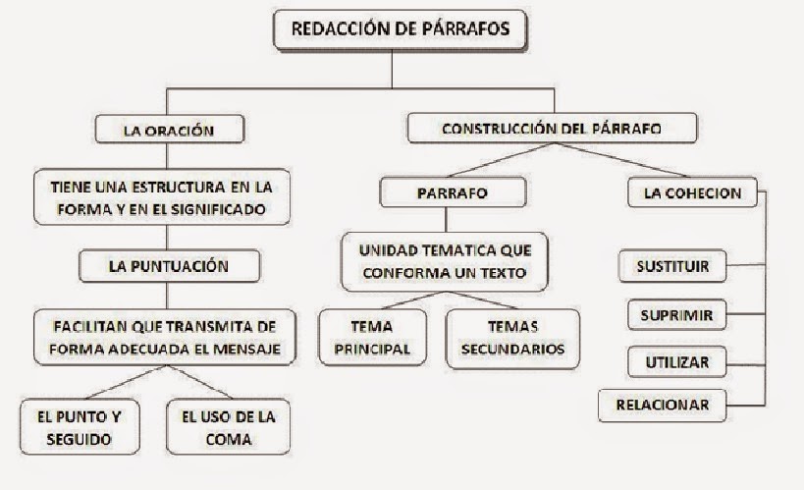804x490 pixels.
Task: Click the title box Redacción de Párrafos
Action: tap(401, 28)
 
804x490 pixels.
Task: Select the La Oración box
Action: tap(168, 129)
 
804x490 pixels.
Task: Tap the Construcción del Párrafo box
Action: tap(551, 129)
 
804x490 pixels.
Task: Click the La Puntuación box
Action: tap(168, 265)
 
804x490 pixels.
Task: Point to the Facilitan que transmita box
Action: tap(166, 338)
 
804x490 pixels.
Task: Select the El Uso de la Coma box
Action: tap(229, 427)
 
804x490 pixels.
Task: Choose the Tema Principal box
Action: tap(372, 337)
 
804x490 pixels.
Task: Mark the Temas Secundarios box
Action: tap(507, 337)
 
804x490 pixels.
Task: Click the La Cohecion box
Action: tap(692, 193)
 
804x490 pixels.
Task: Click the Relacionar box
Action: tap(664, 404)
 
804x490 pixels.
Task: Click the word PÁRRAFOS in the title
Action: tap(465, 29)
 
